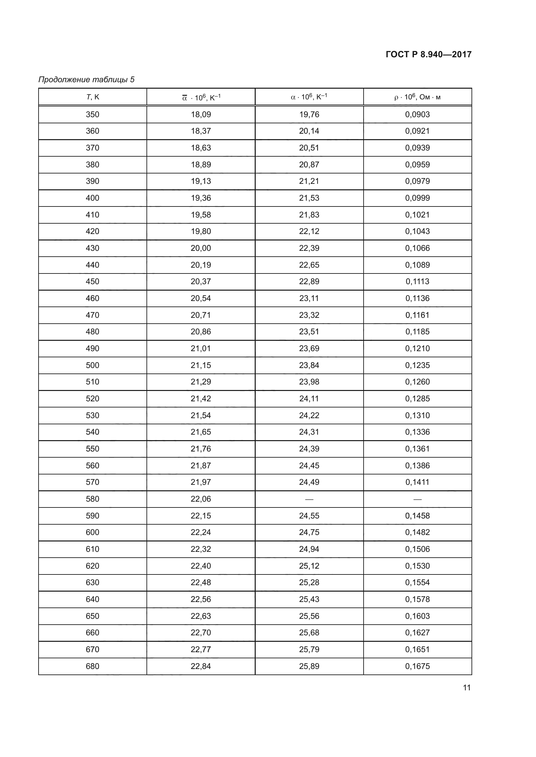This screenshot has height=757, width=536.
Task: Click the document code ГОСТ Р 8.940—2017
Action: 428,54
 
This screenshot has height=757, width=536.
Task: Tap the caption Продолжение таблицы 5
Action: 87,80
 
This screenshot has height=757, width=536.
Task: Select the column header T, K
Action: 92,97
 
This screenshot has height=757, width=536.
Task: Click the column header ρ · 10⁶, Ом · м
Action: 417,97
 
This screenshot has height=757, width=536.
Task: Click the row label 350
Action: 92,114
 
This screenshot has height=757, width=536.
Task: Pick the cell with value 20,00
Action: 201,248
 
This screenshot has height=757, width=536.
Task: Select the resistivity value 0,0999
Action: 417,198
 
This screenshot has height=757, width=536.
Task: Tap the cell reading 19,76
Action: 309,114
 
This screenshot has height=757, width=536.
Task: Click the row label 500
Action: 92,365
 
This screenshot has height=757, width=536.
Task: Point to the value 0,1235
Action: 417,365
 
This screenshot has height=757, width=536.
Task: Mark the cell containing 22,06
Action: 201,499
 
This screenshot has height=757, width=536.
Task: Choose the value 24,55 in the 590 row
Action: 309,516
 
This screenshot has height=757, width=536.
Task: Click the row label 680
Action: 92,666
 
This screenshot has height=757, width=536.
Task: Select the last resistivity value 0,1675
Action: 417,666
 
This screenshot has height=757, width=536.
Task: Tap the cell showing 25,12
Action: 309,566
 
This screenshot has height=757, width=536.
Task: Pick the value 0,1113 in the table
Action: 417,282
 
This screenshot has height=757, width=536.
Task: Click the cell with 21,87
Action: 201,465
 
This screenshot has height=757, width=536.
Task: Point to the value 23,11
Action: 309,298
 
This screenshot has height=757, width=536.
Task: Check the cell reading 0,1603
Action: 417,616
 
